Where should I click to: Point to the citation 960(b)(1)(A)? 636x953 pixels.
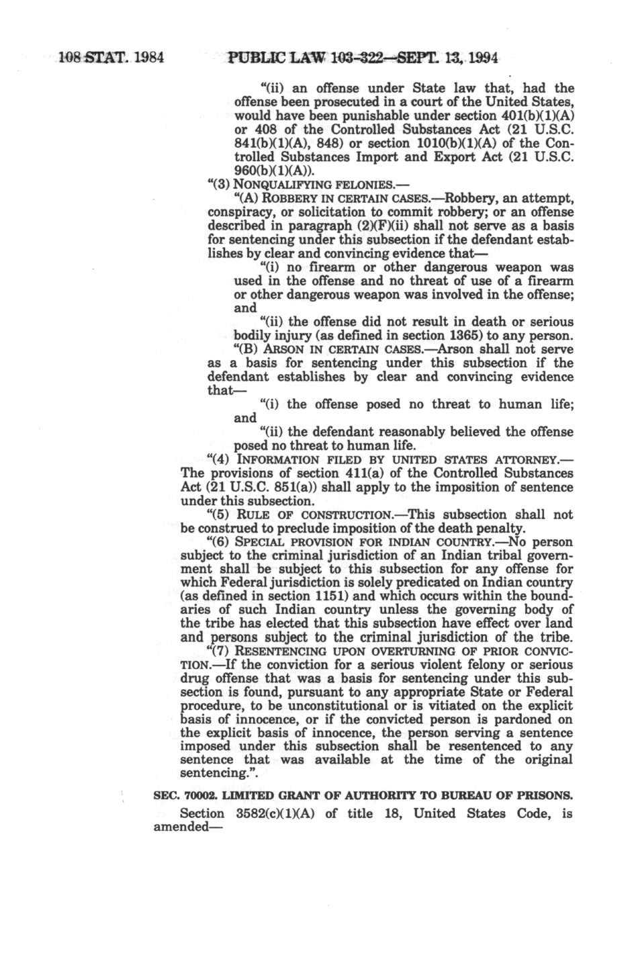[x=268, y=170]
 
